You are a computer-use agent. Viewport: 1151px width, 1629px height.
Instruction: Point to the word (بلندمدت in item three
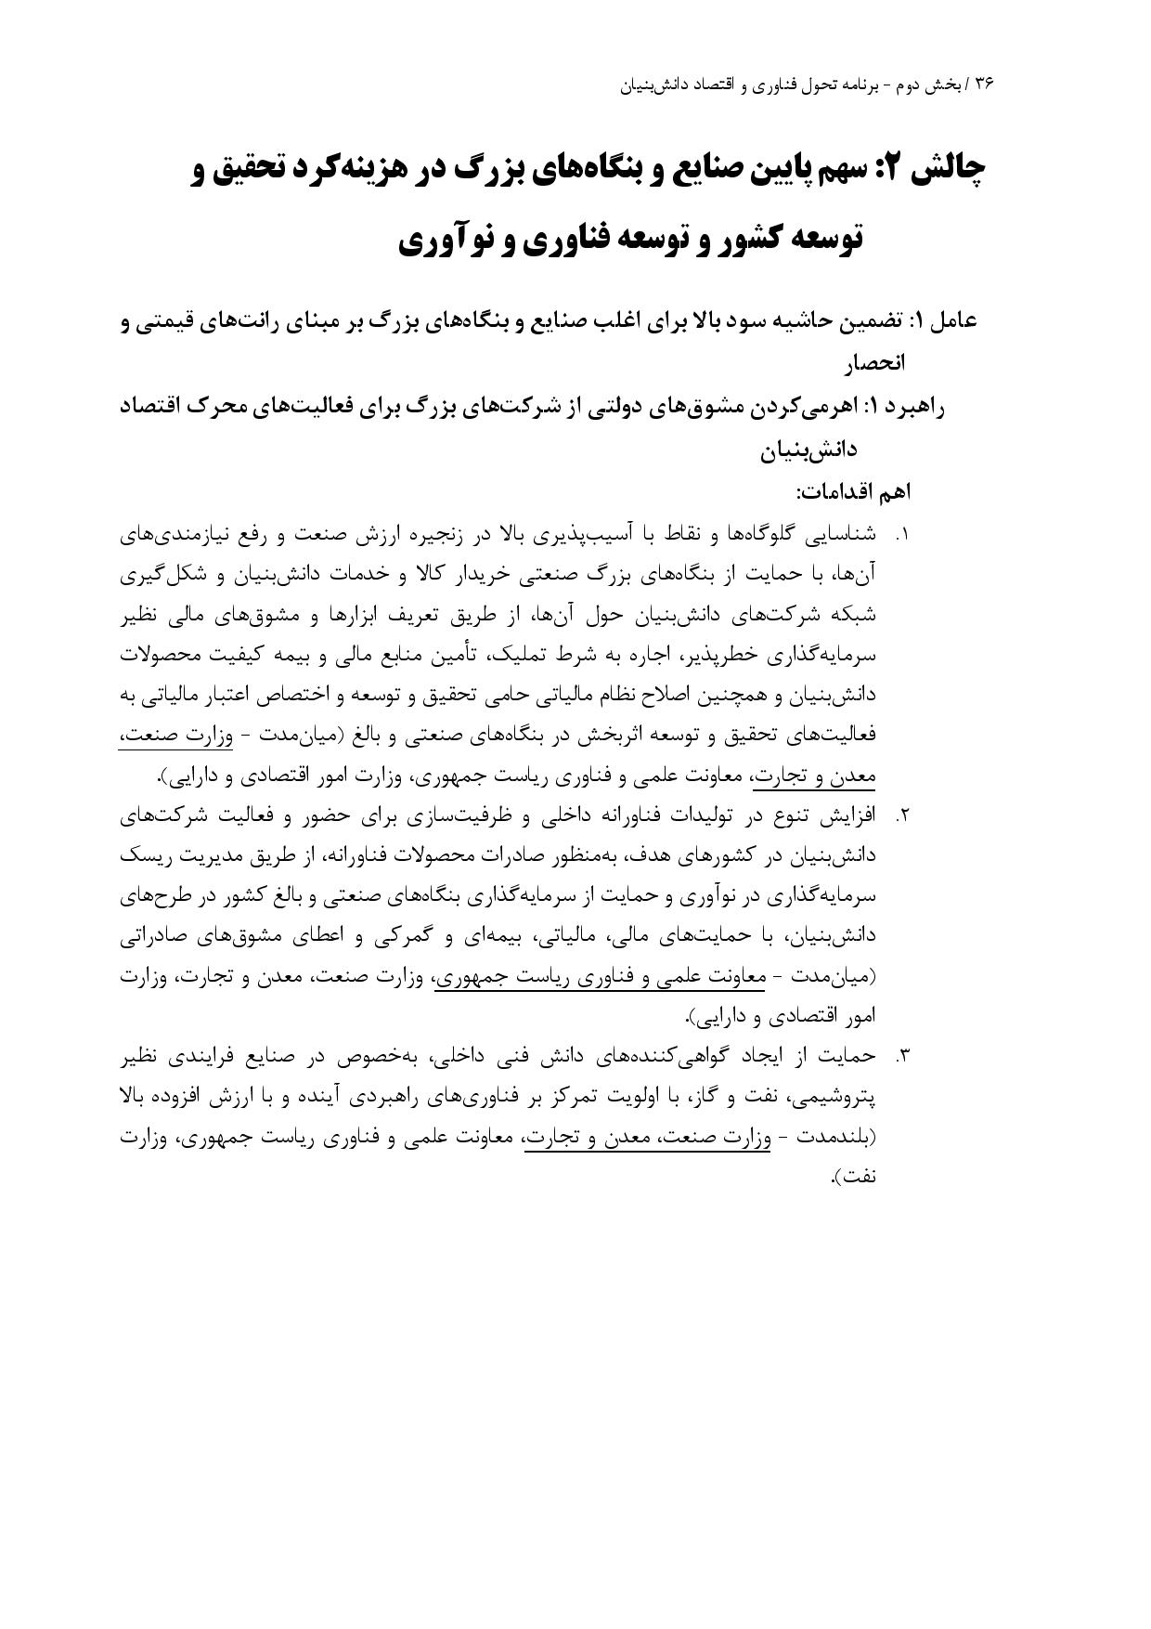coord(834,1138)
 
